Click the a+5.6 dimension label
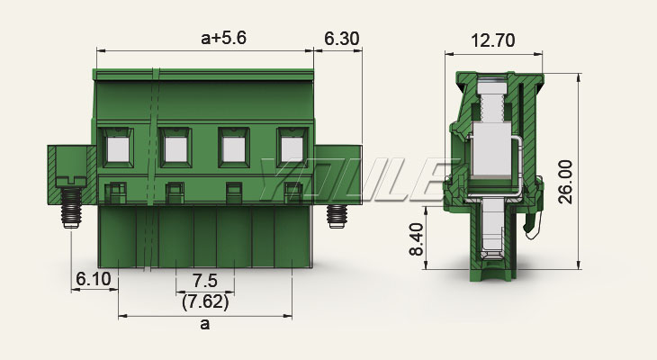(x=224, y=38)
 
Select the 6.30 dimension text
(x=342, y=39)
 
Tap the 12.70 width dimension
(x=493, y=40)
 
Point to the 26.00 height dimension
(x=566, y=182)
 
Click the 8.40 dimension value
(x=417, y=239)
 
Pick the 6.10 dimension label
(x=94, y=279)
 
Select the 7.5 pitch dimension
(x=204, y=281)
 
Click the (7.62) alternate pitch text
(x=205, y=301)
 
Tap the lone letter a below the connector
(x=205, y=324)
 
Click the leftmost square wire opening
(x=118, y=148)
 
